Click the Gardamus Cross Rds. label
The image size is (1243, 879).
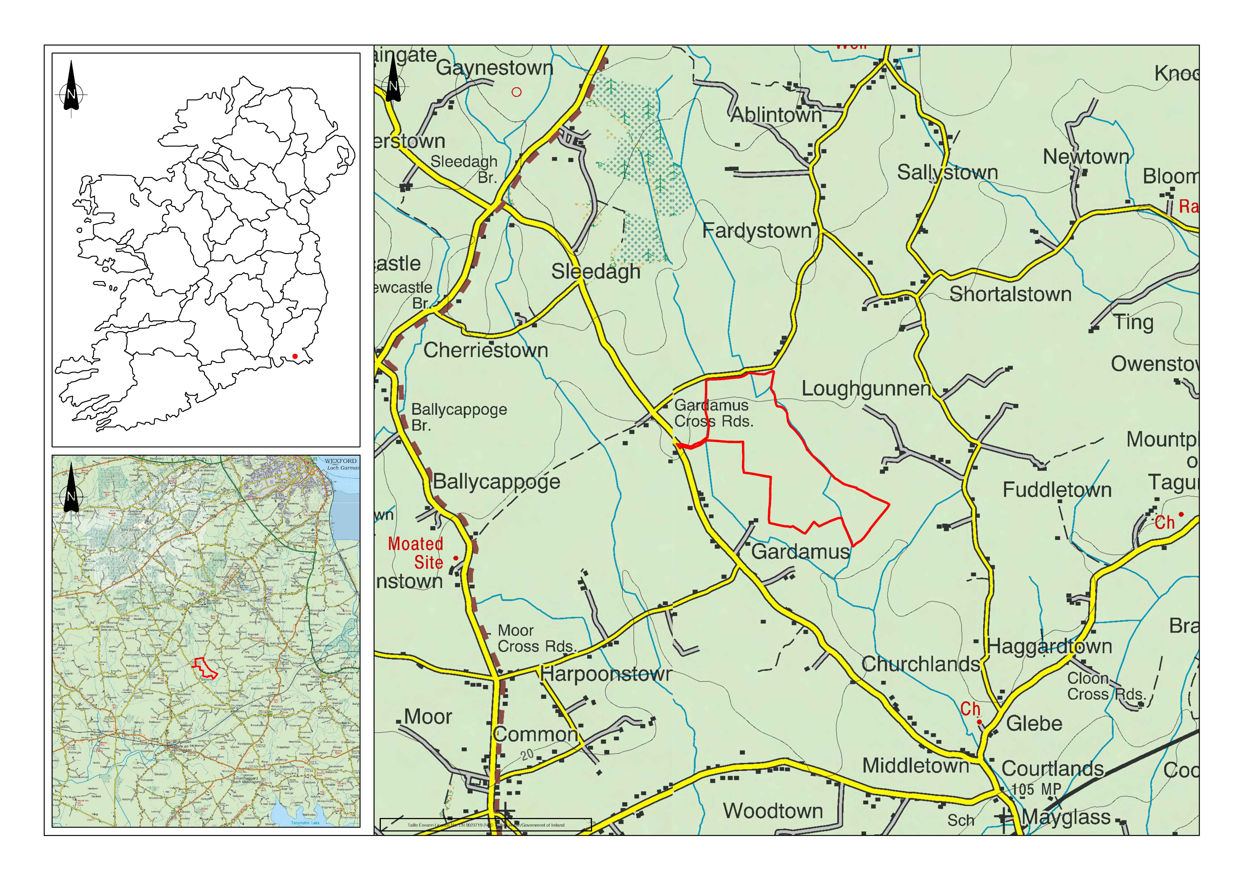click(x=713, y=413)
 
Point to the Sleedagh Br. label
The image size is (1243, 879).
click(x=465, y=169)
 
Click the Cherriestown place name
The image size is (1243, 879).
click(x=486, y=350)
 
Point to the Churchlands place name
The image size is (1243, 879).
click(x=920, y=664)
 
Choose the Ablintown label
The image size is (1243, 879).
click(x=776, y=115)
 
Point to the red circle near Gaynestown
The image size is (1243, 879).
click(x=517, y=92)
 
